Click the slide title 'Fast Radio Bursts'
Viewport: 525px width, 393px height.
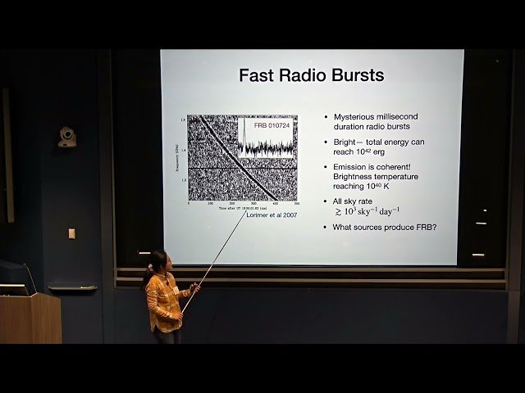(311, 75)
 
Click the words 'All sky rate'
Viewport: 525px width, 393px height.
(357, 201)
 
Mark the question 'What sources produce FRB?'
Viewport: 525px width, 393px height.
(384, 227)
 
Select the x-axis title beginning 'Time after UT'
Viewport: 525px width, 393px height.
(243, 208)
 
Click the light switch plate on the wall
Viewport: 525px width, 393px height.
(71, 233)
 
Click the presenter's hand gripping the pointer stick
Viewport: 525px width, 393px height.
(195, 288)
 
